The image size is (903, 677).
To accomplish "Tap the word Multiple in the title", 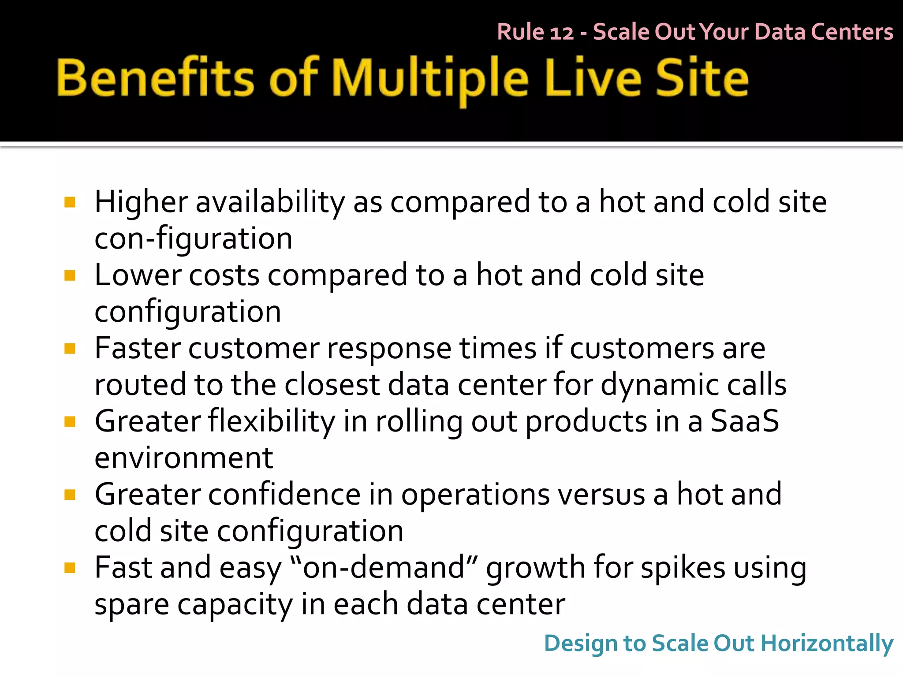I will (430, 79).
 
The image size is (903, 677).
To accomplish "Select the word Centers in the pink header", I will (852, 32).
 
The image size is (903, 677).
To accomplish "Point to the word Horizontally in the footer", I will (827, 644).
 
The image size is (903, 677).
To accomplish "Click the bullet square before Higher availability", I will (70, 202).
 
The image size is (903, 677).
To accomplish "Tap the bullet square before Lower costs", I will (70, 275).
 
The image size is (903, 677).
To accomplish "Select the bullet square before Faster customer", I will (70, 349).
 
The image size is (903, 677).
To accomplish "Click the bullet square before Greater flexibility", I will (70, 422).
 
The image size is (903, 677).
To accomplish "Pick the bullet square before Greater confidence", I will (70, 495).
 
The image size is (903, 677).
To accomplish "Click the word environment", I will (184, 458).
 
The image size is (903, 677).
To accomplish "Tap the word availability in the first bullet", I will (270, 202).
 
